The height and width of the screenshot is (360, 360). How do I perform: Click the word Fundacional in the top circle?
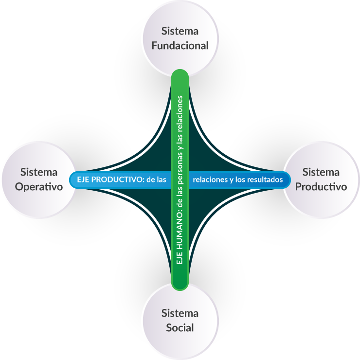pyautogui.click(x=180, y=46)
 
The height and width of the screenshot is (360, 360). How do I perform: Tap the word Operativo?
pyautogui.click(x=39, y=186)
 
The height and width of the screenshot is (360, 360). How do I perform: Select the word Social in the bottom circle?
pyautogui.click(x=180, y=327)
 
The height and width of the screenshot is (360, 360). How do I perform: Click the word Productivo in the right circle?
pyautogui.click(x=321, y=186)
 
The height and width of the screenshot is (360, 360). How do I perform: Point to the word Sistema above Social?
pyautogui.click(x=180, y=313)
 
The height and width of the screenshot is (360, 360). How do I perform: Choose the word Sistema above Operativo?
pyautogui.click(x=39, y=172)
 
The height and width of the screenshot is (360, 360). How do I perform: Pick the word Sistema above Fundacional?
pyautogui.click(x=180, y=31)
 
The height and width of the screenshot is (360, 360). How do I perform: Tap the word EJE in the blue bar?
pyautogui.click(x=84, y=180)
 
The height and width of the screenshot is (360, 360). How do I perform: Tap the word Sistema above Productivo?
pyautogui.click(x=321, y=172)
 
